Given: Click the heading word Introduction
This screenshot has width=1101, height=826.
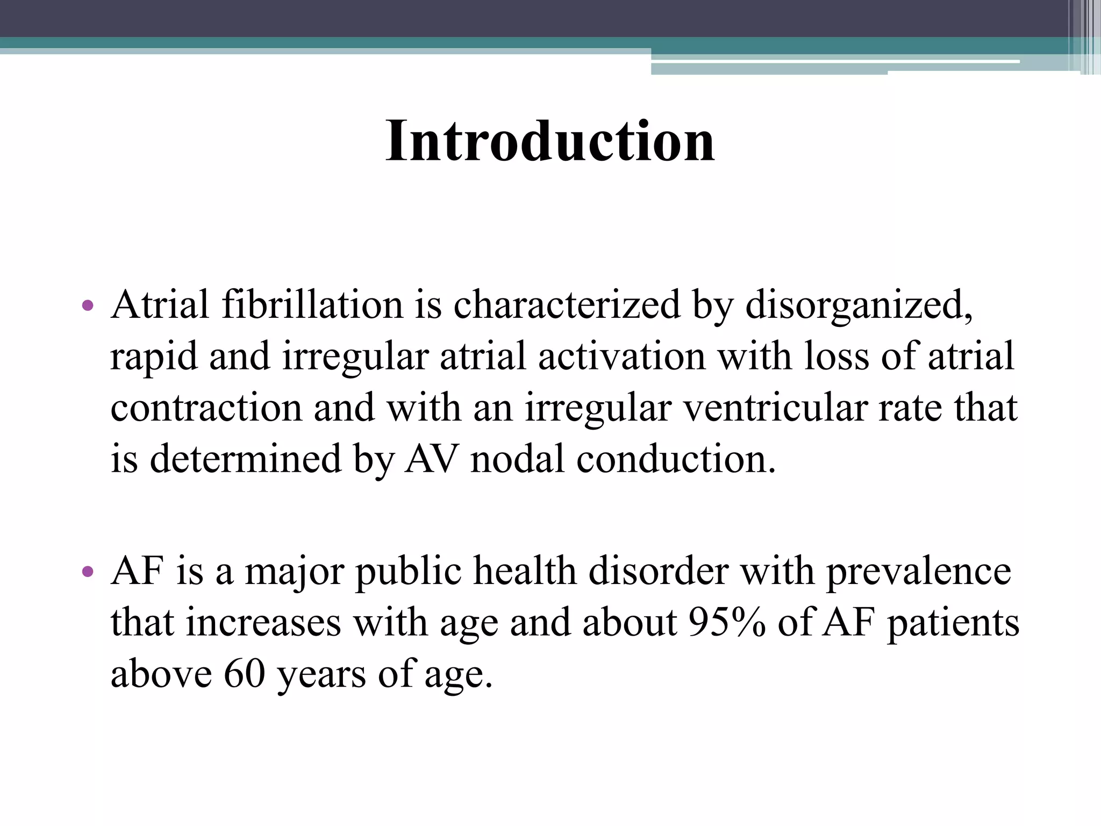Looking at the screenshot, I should click(x=550, y=141).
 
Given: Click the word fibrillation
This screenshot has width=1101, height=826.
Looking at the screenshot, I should click(x=312, y=305).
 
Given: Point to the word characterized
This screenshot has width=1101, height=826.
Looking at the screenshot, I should click(x=567, y=305).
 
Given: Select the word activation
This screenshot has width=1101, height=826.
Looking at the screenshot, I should click(x=621, y=356).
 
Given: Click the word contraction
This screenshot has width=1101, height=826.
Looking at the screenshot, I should click(x=206, y=408).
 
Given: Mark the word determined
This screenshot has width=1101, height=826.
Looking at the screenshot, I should click(x=245, y=459).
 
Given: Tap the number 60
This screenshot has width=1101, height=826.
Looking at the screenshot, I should click(x=245, y=673).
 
